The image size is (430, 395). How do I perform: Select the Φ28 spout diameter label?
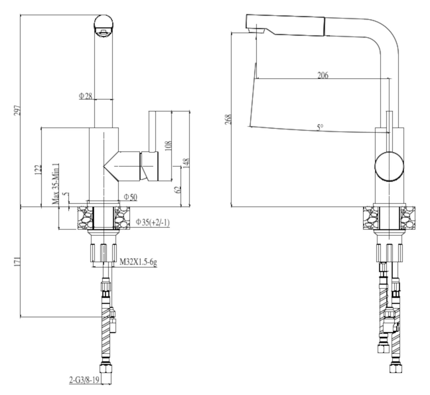86,96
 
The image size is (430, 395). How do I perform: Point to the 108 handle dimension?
168,146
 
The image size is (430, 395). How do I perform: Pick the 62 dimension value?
178,189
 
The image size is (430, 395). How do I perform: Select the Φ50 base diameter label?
130,197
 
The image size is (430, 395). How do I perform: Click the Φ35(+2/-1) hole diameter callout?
152,222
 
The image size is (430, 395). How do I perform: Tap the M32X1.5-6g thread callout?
138,262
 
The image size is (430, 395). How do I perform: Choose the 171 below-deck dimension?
17,261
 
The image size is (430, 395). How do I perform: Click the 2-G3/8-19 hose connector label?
84,380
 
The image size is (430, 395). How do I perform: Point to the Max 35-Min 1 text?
56,184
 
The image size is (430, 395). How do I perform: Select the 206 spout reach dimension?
323,75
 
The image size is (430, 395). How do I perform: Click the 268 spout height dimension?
228,119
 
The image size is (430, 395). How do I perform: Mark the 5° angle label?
320,127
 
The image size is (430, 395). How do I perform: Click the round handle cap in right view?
389,167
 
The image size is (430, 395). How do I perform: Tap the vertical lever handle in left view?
152,131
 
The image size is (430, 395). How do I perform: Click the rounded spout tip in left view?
104,25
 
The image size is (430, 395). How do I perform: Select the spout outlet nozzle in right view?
256,29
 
